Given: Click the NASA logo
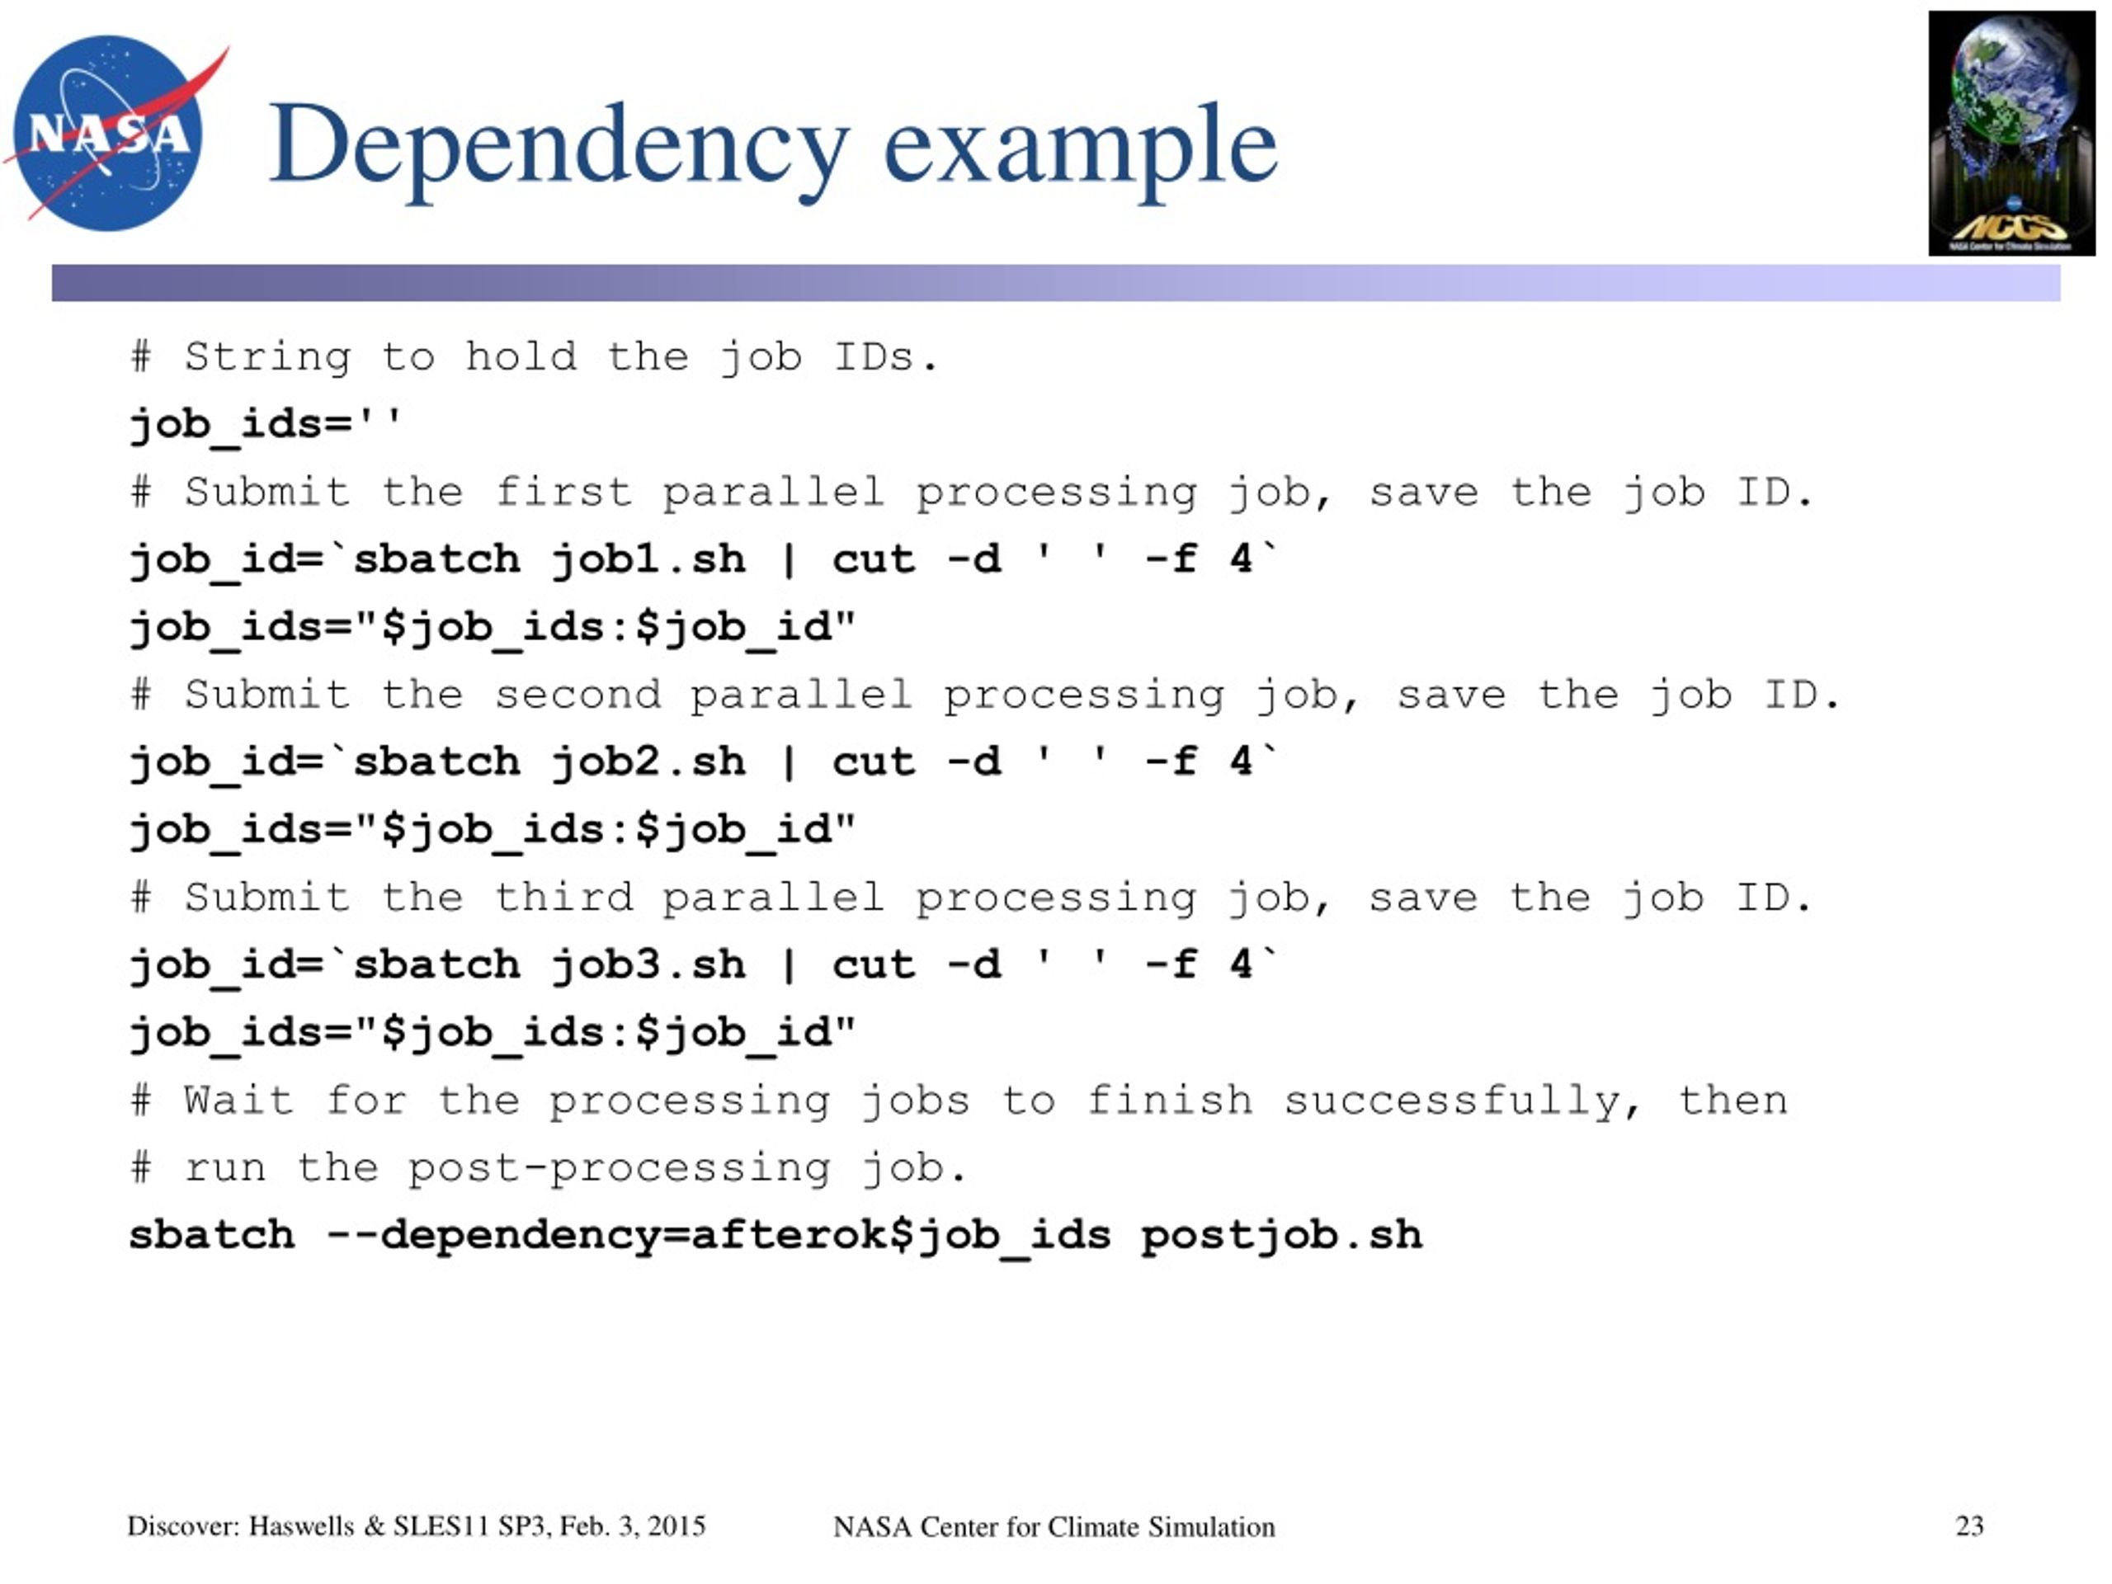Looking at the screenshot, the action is coord(115,133).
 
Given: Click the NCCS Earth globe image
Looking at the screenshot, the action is coord(2011,133).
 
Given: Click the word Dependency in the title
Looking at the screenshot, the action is coord(559,148).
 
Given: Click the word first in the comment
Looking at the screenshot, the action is coord(563,492).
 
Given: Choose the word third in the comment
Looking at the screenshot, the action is coord(563,897).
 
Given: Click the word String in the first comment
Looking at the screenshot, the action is coord(267,358).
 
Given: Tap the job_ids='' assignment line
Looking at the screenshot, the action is coord(266,424).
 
